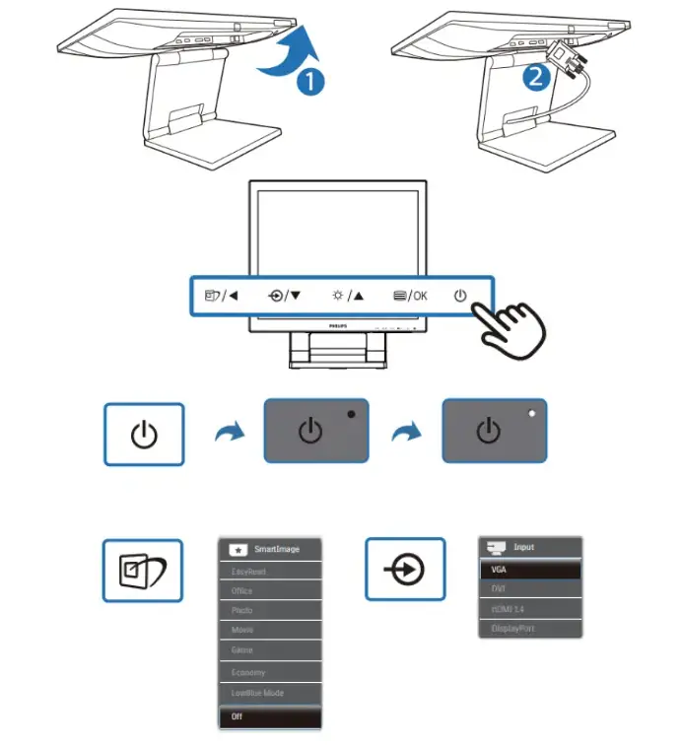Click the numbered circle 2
click(535, 77)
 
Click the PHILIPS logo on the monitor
click(338, 323)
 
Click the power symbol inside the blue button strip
click(460, 295)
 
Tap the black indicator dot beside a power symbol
click(352, 415)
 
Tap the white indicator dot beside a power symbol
click(532, 414)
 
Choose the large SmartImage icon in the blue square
click(143, 571)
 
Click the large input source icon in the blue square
click(405, 570)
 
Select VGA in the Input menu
click(530, 569)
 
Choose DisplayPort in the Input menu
click(530, 628)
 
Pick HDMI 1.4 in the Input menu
click(530, 608)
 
